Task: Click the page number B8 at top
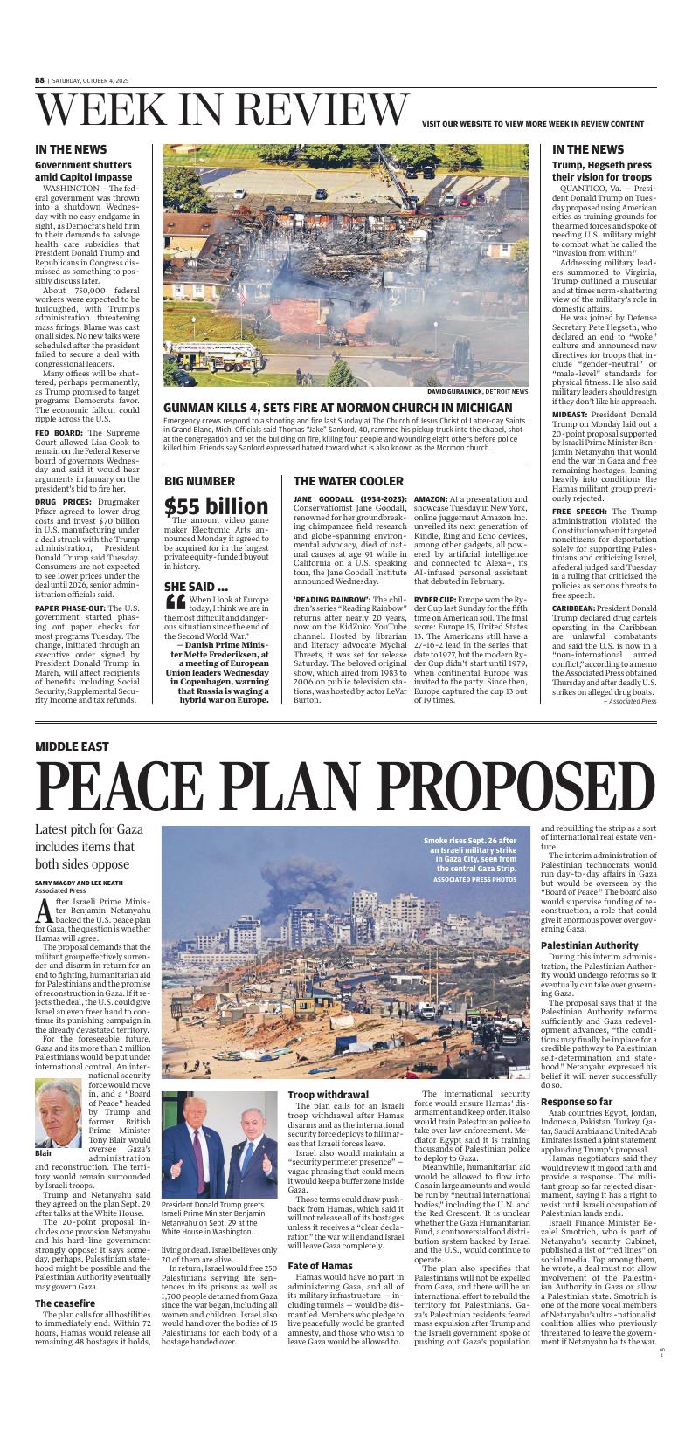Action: pyautogui.click(x=39, y=79)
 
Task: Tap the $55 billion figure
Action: pyautogui.click(x=217, y=506)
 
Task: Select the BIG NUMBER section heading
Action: pyautogui.click(x=199, y=481)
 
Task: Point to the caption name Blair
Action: pyautogui.click(x=44, y=1153)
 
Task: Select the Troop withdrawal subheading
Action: pyautogui.click(x=329, y=1095)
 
